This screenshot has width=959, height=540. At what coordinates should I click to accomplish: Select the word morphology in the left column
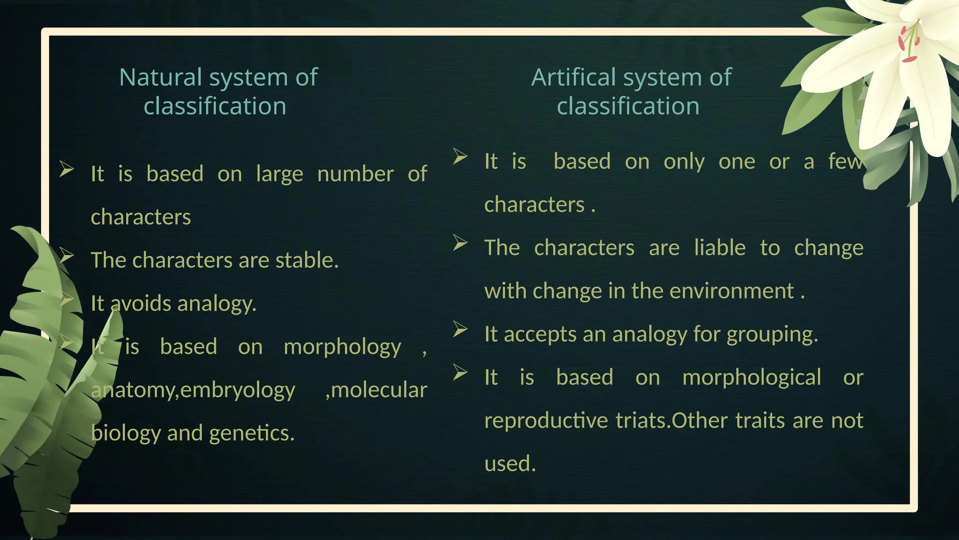click(x=342, y=347)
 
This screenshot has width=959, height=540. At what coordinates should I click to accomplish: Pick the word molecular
click(x=379, y=390)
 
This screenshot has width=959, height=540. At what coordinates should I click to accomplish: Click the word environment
click(x=732, y=291)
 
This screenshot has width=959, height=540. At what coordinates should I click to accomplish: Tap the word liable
click(x=720, y=247)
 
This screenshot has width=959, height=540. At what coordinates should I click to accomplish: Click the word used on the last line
click(x=509, y=464)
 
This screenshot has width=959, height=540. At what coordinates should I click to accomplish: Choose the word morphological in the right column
click(x=752, y=377)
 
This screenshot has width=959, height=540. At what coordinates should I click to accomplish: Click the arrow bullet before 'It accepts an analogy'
click(x=460, y=330)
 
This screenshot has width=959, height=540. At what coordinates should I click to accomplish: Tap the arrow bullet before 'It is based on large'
click(x=67, y=169)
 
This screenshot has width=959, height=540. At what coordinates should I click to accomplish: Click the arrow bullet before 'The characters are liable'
click(x=460, y=243)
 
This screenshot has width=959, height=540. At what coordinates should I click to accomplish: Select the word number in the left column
click(x=355, y=174)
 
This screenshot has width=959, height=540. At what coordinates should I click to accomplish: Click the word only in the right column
click(x=684, y=162)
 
